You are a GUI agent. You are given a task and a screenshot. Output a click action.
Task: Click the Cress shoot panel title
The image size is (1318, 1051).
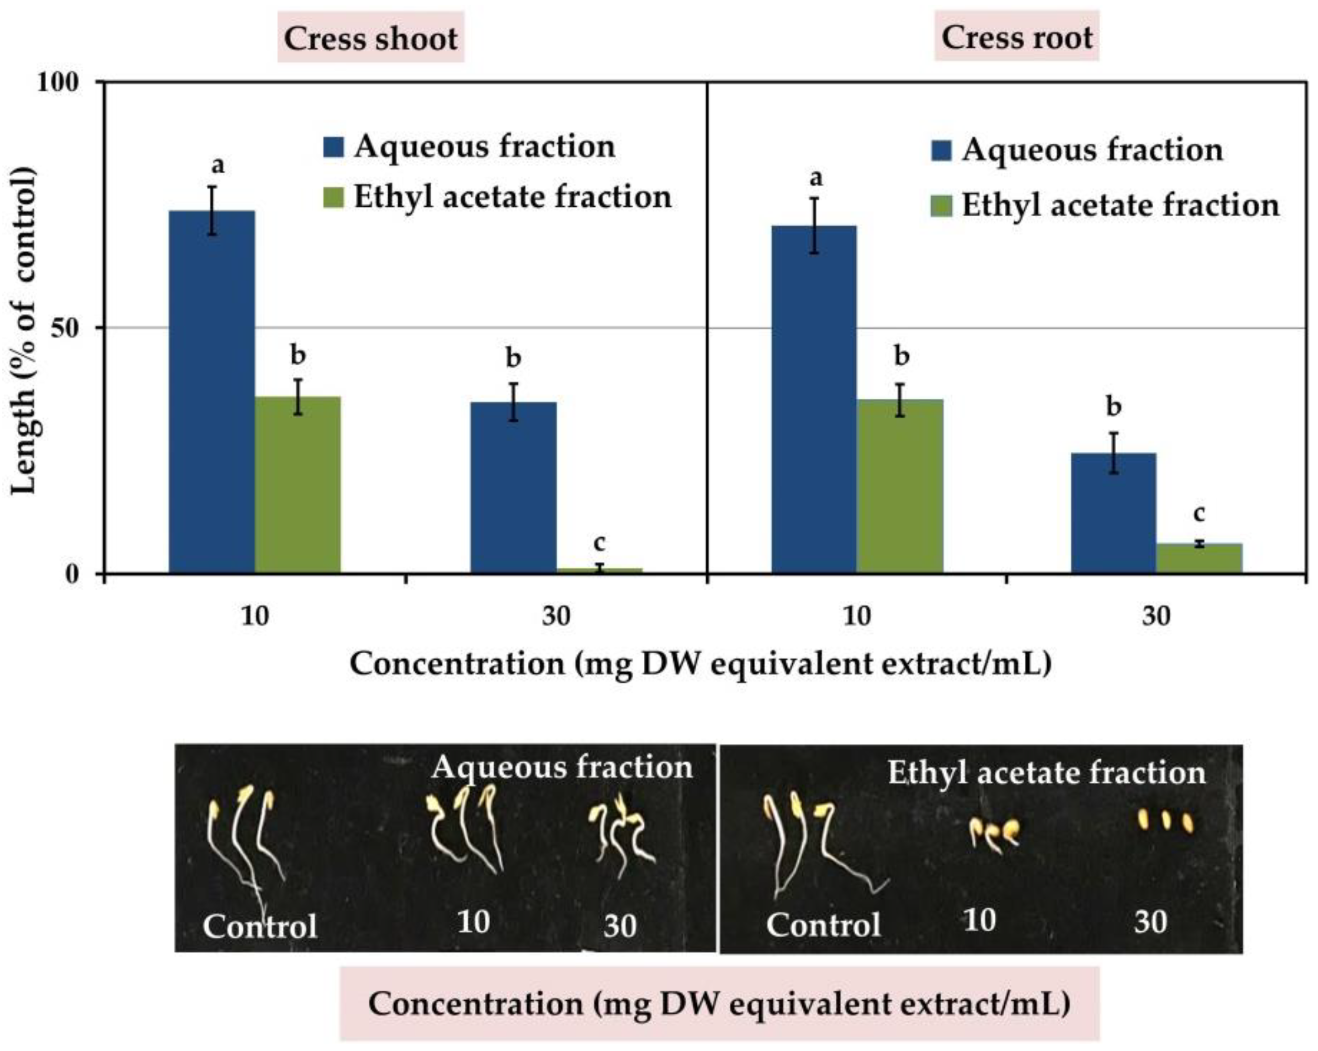[370, 38]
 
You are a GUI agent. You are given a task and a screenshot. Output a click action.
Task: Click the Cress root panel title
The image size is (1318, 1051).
[1017, 37]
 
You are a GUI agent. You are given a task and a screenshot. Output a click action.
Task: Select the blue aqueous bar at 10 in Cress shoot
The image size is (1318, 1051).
[211, 391]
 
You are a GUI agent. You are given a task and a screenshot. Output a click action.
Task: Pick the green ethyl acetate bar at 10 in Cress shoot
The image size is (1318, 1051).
[297, 484]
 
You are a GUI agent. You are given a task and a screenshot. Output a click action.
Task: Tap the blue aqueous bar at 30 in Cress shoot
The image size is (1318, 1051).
[513, 487]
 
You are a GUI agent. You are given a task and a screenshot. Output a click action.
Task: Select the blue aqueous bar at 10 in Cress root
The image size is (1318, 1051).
[814, 399]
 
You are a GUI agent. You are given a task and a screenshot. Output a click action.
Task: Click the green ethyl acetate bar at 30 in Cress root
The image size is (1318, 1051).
[1199, 558]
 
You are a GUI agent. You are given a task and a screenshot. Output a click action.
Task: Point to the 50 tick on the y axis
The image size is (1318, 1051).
[68, 328]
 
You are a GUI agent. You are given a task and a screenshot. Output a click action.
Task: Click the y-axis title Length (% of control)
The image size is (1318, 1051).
[25, 330]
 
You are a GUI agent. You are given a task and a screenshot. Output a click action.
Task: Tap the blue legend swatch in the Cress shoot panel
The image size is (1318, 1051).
[333, 147]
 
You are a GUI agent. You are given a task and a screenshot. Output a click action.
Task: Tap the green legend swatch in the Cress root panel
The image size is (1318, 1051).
[941, 206]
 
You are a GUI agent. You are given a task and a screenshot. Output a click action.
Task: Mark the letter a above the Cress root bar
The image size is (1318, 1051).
[815, 178]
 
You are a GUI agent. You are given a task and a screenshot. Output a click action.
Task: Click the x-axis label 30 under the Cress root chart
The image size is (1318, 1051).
[1156, 615]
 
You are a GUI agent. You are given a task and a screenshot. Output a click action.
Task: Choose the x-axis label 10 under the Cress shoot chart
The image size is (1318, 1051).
[255, 615]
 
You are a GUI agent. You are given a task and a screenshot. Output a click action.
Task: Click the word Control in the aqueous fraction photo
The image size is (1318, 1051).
[260, 926]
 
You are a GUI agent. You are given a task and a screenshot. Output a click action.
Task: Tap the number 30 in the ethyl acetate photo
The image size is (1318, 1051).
[1151, 921]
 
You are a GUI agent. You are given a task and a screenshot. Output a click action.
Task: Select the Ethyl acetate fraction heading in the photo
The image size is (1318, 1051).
[1047, 773]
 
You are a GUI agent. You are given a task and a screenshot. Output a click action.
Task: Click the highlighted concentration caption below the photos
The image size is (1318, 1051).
[719, 1003]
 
